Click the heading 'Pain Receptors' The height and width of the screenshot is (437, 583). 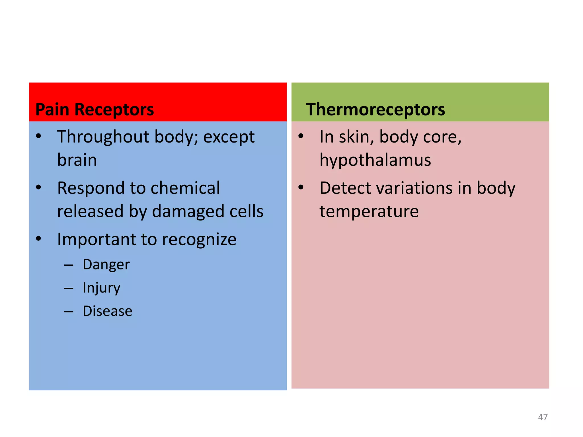tap(95, 110)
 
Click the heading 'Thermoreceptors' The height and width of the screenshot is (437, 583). tap(375, 110)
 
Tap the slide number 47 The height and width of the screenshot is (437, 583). tap(543, 417)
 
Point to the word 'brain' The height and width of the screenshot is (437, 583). tap(77, 160)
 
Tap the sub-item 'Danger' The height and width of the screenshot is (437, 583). tap(106, 265)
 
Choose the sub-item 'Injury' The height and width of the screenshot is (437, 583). tap(101, 288)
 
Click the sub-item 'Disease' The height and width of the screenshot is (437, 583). tap(107, 311)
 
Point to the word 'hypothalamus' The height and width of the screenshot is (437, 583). tap(375, 160)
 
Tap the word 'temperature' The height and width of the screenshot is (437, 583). tap(369, 211)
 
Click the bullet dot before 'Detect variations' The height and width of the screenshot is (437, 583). tap(301, 187)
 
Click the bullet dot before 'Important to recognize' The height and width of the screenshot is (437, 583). tap(39, 239)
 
